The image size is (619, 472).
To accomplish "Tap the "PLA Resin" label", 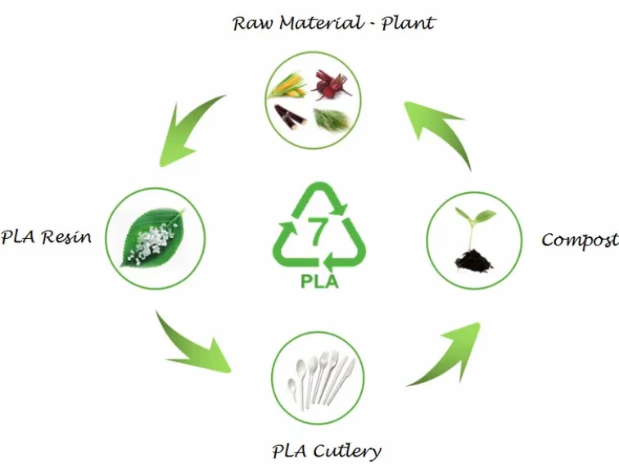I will click(x=46, y=238).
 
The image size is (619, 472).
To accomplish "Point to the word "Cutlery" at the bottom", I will click(x=348, y=450).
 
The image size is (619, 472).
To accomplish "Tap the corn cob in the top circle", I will click(x=287, y=84).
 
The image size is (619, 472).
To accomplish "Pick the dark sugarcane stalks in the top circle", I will click(x=290, y=115).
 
